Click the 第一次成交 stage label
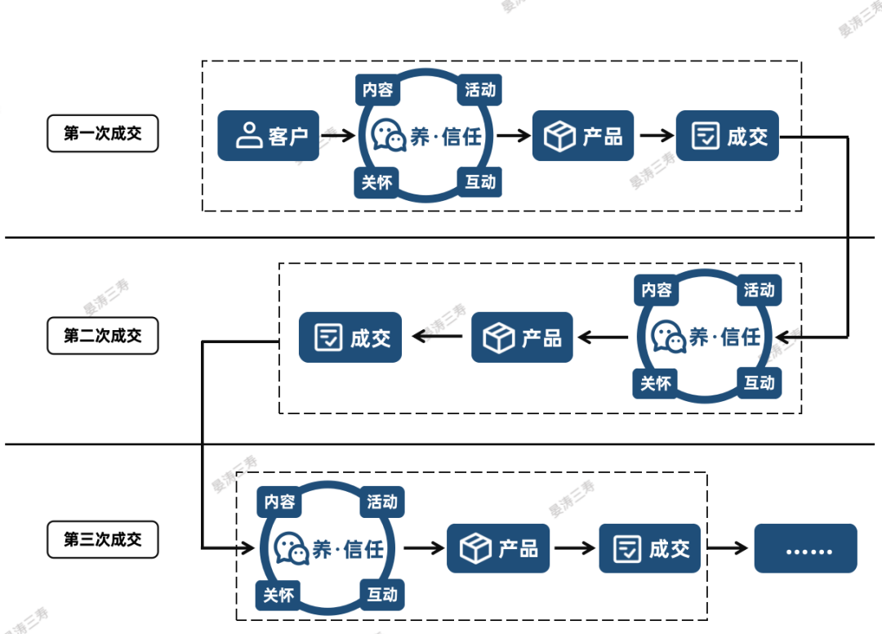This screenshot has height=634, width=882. point(102,134)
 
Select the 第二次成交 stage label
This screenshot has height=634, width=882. point(102,336)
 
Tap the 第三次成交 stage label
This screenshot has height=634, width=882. point(102,539)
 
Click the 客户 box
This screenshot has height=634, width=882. point(268,136)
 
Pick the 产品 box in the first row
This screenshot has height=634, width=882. point(583,136)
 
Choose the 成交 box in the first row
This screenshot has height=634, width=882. point(728,136)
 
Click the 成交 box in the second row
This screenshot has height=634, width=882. point(350,337)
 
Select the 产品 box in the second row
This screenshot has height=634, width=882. point(522,337)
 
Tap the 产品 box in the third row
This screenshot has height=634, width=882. point(497,548)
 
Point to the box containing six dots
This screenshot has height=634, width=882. point(805,548)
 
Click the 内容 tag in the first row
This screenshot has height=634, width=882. point(377,90)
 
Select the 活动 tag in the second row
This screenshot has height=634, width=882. point(759,290)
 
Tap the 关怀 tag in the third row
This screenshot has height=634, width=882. point(278,595)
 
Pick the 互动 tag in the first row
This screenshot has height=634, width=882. point(480,181)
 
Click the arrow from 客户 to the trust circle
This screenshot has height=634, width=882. point(339,136)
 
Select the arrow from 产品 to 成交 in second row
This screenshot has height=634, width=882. point(436,336)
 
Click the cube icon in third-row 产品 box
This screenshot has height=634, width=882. point(475,548)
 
